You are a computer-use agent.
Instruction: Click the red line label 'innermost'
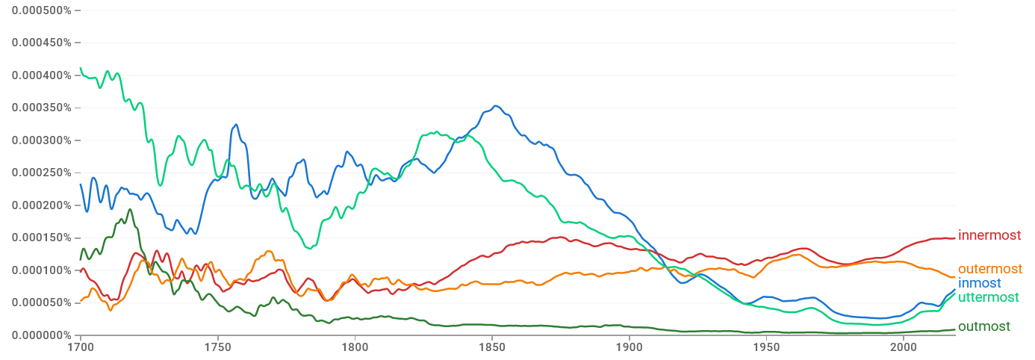(989, 236)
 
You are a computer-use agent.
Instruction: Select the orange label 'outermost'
(989, 269)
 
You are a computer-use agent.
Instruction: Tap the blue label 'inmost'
(979, 283)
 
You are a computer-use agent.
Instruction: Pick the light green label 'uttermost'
(988, 297)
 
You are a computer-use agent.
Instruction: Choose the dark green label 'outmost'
(983, 326)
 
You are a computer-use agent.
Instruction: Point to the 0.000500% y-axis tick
(41, 10)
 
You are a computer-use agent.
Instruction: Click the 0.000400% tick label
(41, 75)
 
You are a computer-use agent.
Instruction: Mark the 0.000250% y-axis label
(41, 173)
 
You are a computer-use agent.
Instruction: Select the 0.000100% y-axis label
(41, 270)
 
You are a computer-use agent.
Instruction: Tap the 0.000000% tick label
(41, 335)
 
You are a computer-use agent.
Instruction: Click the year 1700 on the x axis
(80, 347)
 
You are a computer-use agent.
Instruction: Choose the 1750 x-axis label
(217, 347)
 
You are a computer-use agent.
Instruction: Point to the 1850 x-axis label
(491, 347)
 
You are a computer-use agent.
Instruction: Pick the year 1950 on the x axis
(766, 347)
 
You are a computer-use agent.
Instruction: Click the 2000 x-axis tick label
(904, 347)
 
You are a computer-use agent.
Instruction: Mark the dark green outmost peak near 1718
(130, 209)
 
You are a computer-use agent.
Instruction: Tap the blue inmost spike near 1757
(236, 125)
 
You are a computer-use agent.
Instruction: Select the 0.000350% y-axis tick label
(41, 108)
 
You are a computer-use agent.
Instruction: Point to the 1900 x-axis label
(629, 347)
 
